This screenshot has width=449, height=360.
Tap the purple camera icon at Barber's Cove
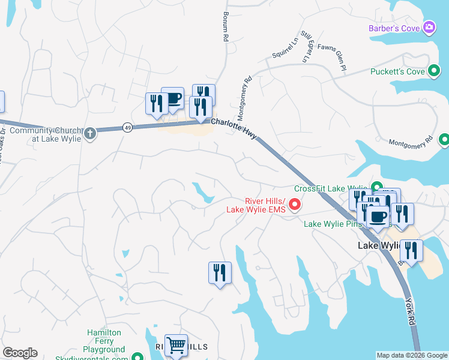coord(429,27)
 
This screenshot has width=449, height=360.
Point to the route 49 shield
coord(127,127)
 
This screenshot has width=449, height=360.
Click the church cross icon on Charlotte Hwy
coord(90,133)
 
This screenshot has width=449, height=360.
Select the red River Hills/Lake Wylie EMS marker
coord(295,205)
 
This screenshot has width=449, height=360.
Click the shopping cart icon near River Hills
coord(176,345)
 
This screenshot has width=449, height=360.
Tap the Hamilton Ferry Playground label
coord(104,341)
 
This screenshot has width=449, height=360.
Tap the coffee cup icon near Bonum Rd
coord(172,98)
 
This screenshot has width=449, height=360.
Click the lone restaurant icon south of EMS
coord(220,273)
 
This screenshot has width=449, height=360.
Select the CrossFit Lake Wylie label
coord(331,188)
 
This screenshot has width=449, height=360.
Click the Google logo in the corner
coord(20,353)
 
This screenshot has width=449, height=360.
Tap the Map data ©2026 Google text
coord(412,355)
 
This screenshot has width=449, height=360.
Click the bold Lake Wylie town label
coord(378,246)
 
